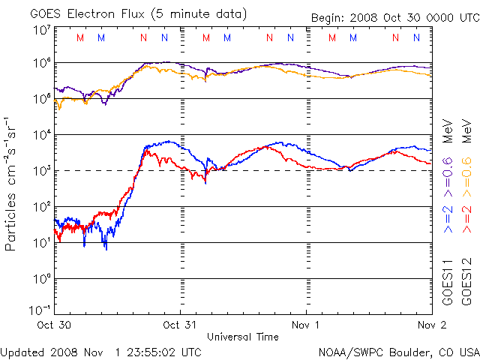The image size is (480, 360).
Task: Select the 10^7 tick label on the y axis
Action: (x=41, y=29)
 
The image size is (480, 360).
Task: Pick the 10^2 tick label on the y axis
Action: (x=41, y=206)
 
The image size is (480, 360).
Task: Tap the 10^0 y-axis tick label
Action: (x=41, y=278)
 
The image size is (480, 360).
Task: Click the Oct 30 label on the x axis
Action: (x=55, y=325)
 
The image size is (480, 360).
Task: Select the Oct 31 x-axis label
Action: (x=181, y=325)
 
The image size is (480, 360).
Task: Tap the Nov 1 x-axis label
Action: (x=307, y=325)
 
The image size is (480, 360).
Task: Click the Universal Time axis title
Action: (x=243, y=337)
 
